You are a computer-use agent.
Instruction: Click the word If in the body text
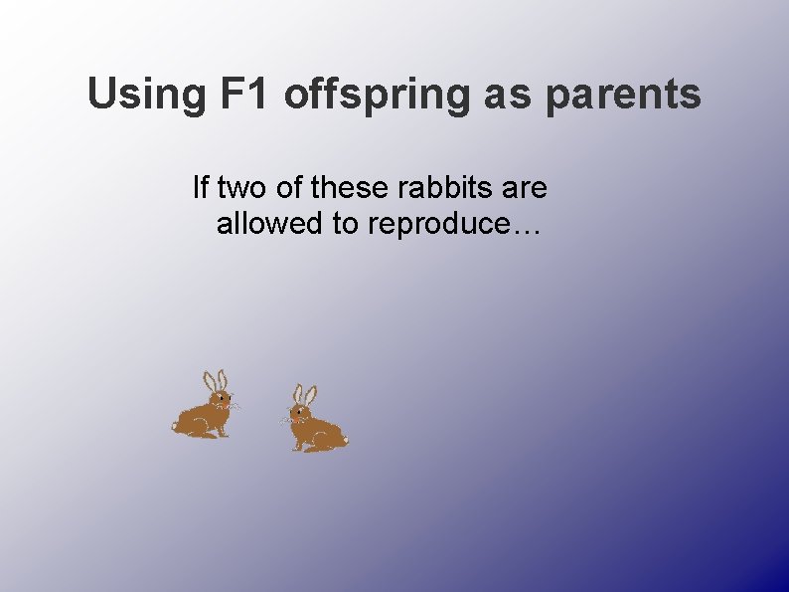(x=201, y=187)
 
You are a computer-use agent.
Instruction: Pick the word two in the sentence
(x=239, y=187)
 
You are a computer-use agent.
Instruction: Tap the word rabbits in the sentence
(x=447, y=187)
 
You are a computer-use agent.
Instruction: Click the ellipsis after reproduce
(x=522, y=227)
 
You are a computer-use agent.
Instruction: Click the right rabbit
(x=315, y=423)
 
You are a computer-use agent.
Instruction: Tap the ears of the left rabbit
(x=215, y=380)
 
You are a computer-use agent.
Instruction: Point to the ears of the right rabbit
(x=304, y=394)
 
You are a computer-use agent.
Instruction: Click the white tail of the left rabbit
(x=175, y=426)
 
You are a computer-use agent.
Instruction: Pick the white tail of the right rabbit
(x=345, y=439)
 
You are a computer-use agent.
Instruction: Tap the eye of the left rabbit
(x=220, y=398)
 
